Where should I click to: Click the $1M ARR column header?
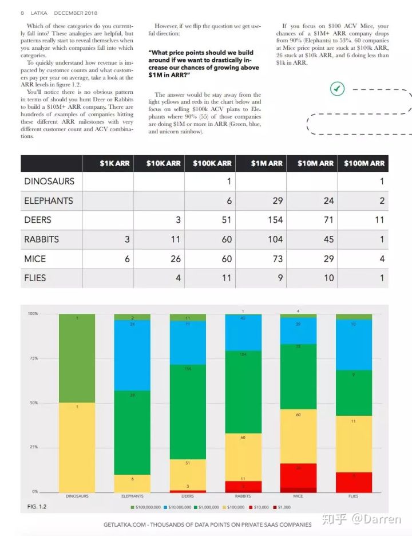[267, 163]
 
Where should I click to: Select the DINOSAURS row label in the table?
[49, 181]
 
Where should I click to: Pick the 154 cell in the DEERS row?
[275, 220]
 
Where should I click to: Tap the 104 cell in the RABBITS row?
[275, 239]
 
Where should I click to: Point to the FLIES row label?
[35, 278]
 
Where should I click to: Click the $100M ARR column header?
[364, 163]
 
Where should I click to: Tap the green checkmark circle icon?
[338, 88]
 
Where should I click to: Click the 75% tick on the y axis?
[33, 358]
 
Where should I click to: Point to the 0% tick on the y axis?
[34, 491]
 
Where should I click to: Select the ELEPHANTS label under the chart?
[132, 496]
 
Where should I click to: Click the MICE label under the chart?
[298, 496]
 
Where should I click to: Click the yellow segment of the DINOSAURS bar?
[77, 447]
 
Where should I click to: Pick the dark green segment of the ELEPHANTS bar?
[132, 432]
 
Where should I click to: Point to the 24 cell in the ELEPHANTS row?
[328, 201]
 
